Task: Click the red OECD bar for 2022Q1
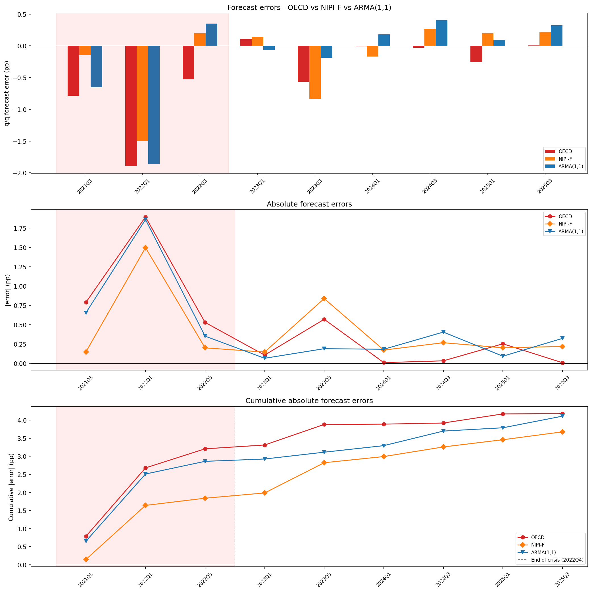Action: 131,106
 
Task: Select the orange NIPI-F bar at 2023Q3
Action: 315,72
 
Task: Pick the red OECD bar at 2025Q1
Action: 476,54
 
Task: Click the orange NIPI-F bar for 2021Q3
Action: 85,51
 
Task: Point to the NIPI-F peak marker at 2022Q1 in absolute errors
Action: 145,248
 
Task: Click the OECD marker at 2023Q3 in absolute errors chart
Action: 324,319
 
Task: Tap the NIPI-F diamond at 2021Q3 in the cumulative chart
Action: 86,559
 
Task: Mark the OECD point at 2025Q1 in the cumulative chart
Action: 503,414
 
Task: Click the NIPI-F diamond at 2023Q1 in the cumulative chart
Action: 265,493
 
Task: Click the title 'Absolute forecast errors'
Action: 309,204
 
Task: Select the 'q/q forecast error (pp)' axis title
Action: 7,93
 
